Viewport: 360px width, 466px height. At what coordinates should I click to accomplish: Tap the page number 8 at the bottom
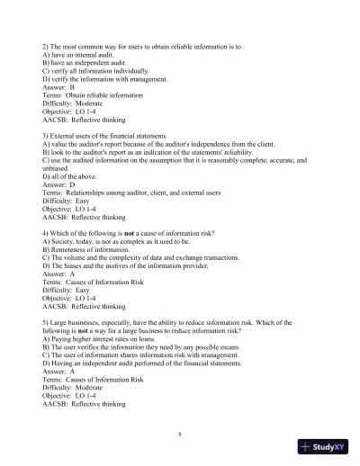(180, 435)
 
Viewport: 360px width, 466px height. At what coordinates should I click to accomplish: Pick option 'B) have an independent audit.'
(93, 62)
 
